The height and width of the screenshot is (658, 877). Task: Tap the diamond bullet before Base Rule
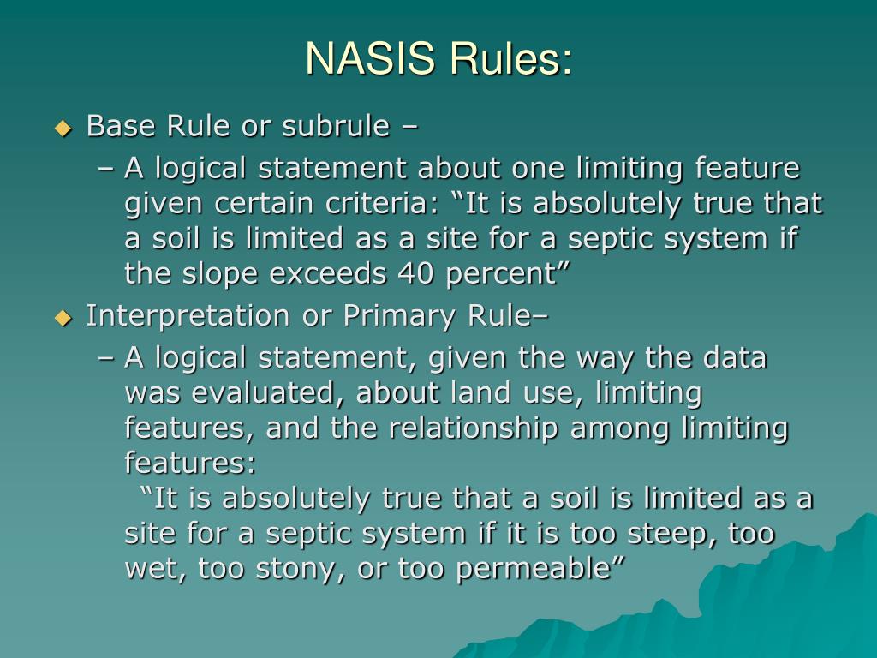coord(63,129)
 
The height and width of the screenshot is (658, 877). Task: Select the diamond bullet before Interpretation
coord(63,318)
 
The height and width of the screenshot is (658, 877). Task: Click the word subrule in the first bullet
coord(336,126)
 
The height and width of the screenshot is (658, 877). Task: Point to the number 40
coord(415,273)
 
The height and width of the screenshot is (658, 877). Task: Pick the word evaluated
coord(259,393)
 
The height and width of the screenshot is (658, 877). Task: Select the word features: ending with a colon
coord(190,464)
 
